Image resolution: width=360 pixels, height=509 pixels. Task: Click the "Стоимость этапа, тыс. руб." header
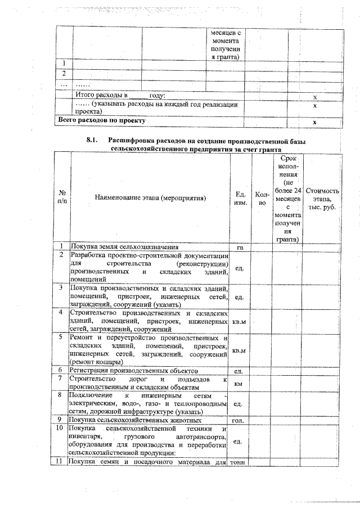click(323, 198)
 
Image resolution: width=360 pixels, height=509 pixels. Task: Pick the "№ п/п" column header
click(63, 198)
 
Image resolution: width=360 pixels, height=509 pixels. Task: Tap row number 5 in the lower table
click(63, 337)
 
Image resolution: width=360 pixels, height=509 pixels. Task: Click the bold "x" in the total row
click(315, 121)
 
